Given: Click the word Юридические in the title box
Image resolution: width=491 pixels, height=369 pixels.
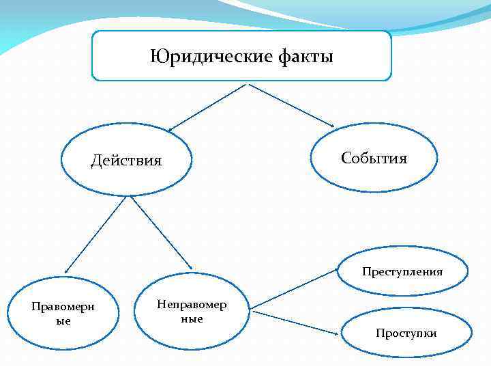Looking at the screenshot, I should (211, 55).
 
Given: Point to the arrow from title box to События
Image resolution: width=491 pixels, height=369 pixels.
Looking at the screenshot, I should (291, 105).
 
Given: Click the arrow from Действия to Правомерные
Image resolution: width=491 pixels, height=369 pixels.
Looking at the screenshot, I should (95, 236).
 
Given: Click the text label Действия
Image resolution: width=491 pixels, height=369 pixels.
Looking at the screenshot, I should (127, 161).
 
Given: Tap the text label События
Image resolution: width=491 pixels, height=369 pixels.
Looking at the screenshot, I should (374, 159).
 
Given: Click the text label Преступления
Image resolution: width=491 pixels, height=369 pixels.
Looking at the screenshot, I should (402, 272).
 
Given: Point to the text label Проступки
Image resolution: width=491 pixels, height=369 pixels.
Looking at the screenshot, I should (406, 333).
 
